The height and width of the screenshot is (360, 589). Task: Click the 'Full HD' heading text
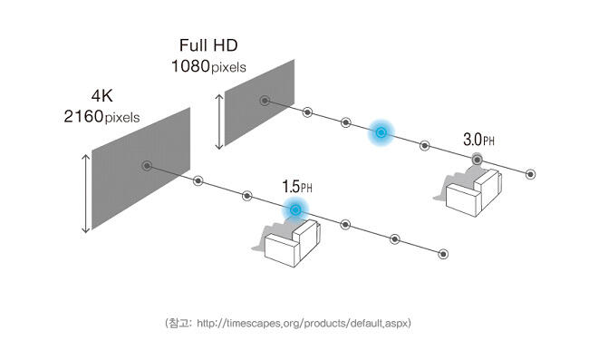pos(208,45)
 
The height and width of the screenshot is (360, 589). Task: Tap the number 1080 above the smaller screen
pos(190,66)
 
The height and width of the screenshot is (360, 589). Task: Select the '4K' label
pos(101,96)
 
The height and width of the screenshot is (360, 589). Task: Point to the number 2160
pos(83,116)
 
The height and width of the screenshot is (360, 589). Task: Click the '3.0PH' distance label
pos(478,140)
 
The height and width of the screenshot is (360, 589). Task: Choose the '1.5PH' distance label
pos(296,187)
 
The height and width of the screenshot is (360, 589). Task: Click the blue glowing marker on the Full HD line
pos(381,132)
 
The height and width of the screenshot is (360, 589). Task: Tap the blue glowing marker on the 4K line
pos(295,209)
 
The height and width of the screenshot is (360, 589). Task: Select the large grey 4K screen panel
pos(140,169)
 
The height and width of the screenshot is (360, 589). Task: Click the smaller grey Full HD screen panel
pos(259,102)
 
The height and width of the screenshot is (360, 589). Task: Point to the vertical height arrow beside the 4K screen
pos(86,193)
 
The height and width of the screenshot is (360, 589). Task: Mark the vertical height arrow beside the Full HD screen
pos(219,122)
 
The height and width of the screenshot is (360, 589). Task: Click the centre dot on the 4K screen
pos(147,166)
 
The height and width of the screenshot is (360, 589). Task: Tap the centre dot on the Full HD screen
pos(265,101)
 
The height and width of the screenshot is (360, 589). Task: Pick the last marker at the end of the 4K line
pos(443,255)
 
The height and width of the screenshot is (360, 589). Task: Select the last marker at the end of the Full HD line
pos(530,174)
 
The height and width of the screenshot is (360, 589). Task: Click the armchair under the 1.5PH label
pos(292,244)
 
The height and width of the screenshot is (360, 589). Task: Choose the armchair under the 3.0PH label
pos(473,193)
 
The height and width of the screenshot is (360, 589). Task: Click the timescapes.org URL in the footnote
pos(304,323)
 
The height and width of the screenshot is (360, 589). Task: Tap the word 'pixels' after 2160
pos(122,118)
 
